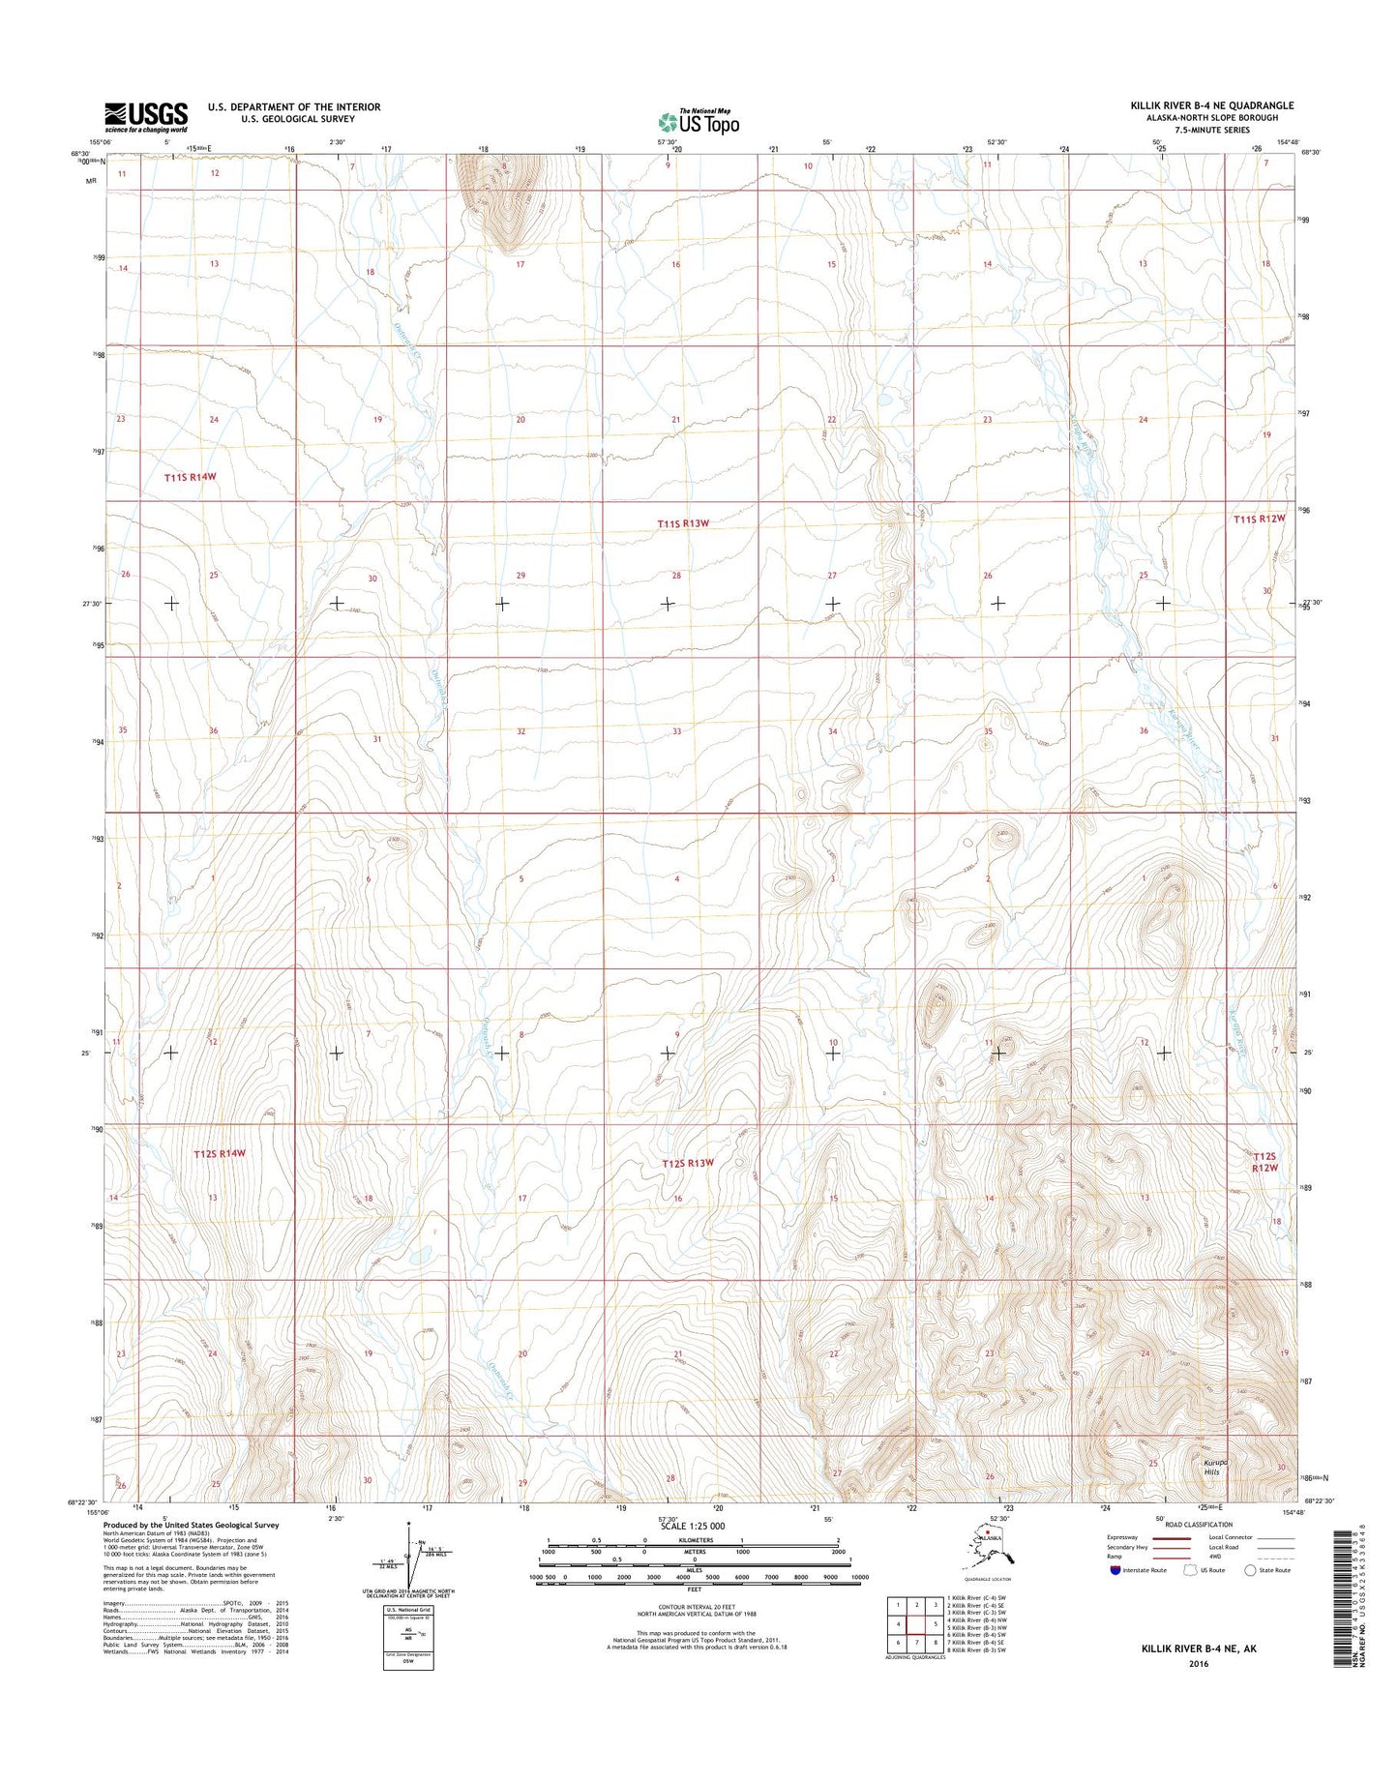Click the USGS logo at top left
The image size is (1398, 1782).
(x=146, y=117)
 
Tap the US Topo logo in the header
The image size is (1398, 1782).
(x=699, y=121)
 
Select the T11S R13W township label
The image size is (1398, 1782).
(x=683, y=523)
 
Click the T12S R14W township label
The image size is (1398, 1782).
(x=220, y=1154)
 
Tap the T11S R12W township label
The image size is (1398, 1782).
(x=1260, y=520)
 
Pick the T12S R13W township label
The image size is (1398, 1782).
(x=688, y=1163)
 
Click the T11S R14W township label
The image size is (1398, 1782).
(x=189, y=478)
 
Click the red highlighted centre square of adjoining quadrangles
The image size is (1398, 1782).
(x=916, y=1623)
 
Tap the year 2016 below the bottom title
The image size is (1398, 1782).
(x=1199, y=1664)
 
